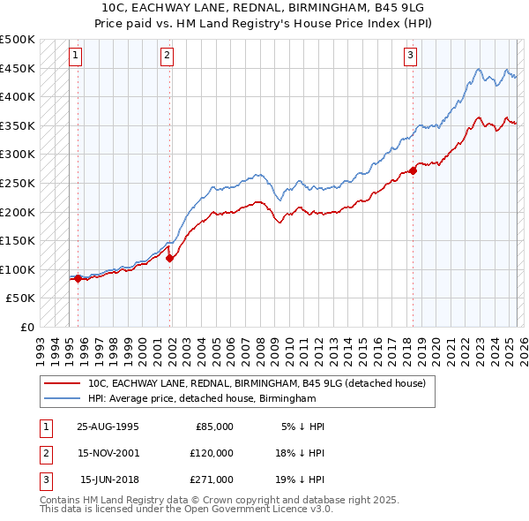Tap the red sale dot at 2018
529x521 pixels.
414,170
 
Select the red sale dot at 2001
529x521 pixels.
169,258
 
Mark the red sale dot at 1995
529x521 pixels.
78,278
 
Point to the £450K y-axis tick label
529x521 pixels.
18,68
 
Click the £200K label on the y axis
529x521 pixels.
18,212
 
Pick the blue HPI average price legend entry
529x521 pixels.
202,399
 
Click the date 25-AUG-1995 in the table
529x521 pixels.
108,427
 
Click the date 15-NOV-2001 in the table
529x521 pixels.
108,453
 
